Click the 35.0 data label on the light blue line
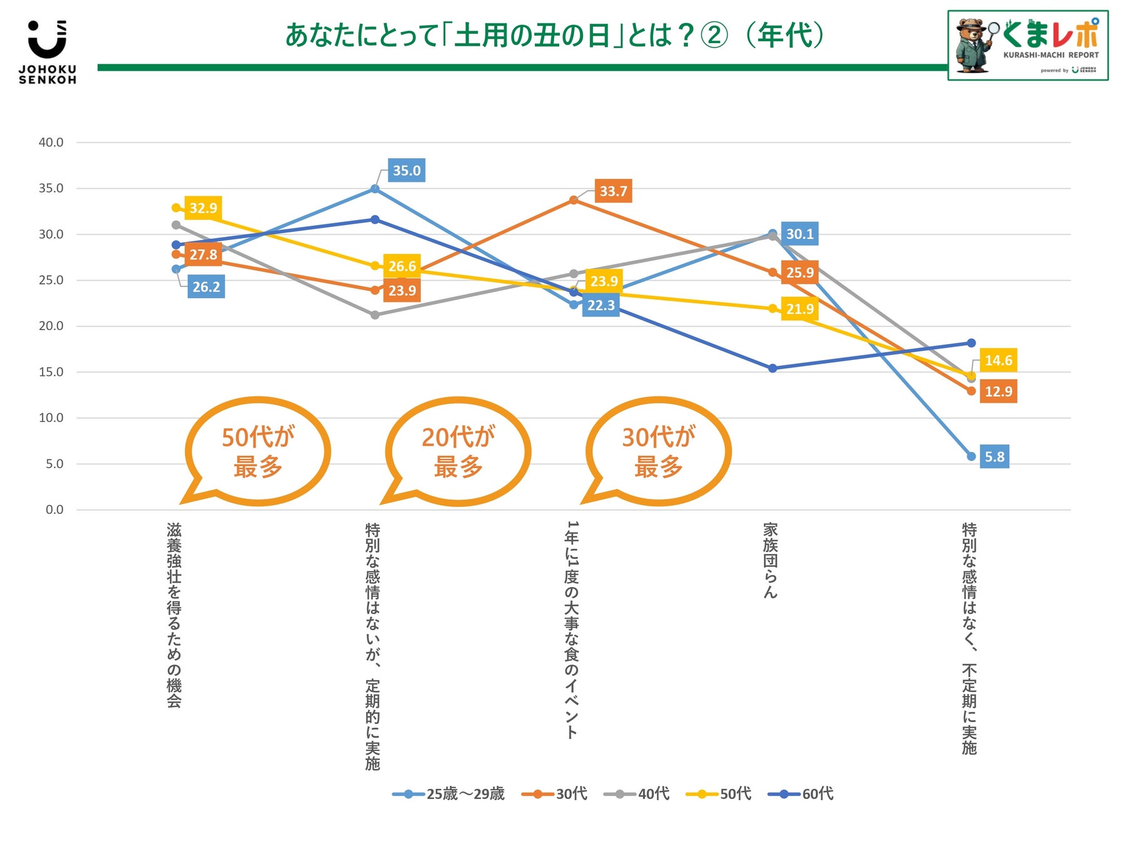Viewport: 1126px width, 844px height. coord(407,171)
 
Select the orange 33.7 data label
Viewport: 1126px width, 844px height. coord(613,191)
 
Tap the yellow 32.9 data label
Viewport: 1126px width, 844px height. coord(203,208)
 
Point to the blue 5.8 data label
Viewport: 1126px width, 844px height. coord(995,457)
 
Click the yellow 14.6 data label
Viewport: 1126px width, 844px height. coord(998,360)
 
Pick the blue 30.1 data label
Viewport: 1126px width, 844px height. coord(799,234)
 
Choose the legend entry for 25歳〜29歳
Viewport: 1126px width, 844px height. coord(449,794)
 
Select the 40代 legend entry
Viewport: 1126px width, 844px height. coord(637,794)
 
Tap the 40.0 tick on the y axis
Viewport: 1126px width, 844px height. coord(51,143)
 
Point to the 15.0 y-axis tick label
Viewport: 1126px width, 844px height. coord(51,372)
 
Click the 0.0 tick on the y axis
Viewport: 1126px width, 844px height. coord(54,510)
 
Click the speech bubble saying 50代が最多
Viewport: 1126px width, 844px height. coord(258,451)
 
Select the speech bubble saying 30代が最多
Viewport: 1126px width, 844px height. coord(658,451)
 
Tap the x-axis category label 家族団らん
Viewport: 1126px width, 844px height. coord(770,560)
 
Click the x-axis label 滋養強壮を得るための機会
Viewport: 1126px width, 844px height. coord(174,615)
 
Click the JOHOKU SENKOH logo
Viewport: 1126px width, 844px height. coord(48,53)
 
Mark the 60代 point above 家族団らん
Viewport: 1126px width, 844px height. coord(773,368)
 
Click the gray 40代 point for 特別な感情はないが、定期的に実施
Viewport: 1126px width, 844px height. coord(375,315)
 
